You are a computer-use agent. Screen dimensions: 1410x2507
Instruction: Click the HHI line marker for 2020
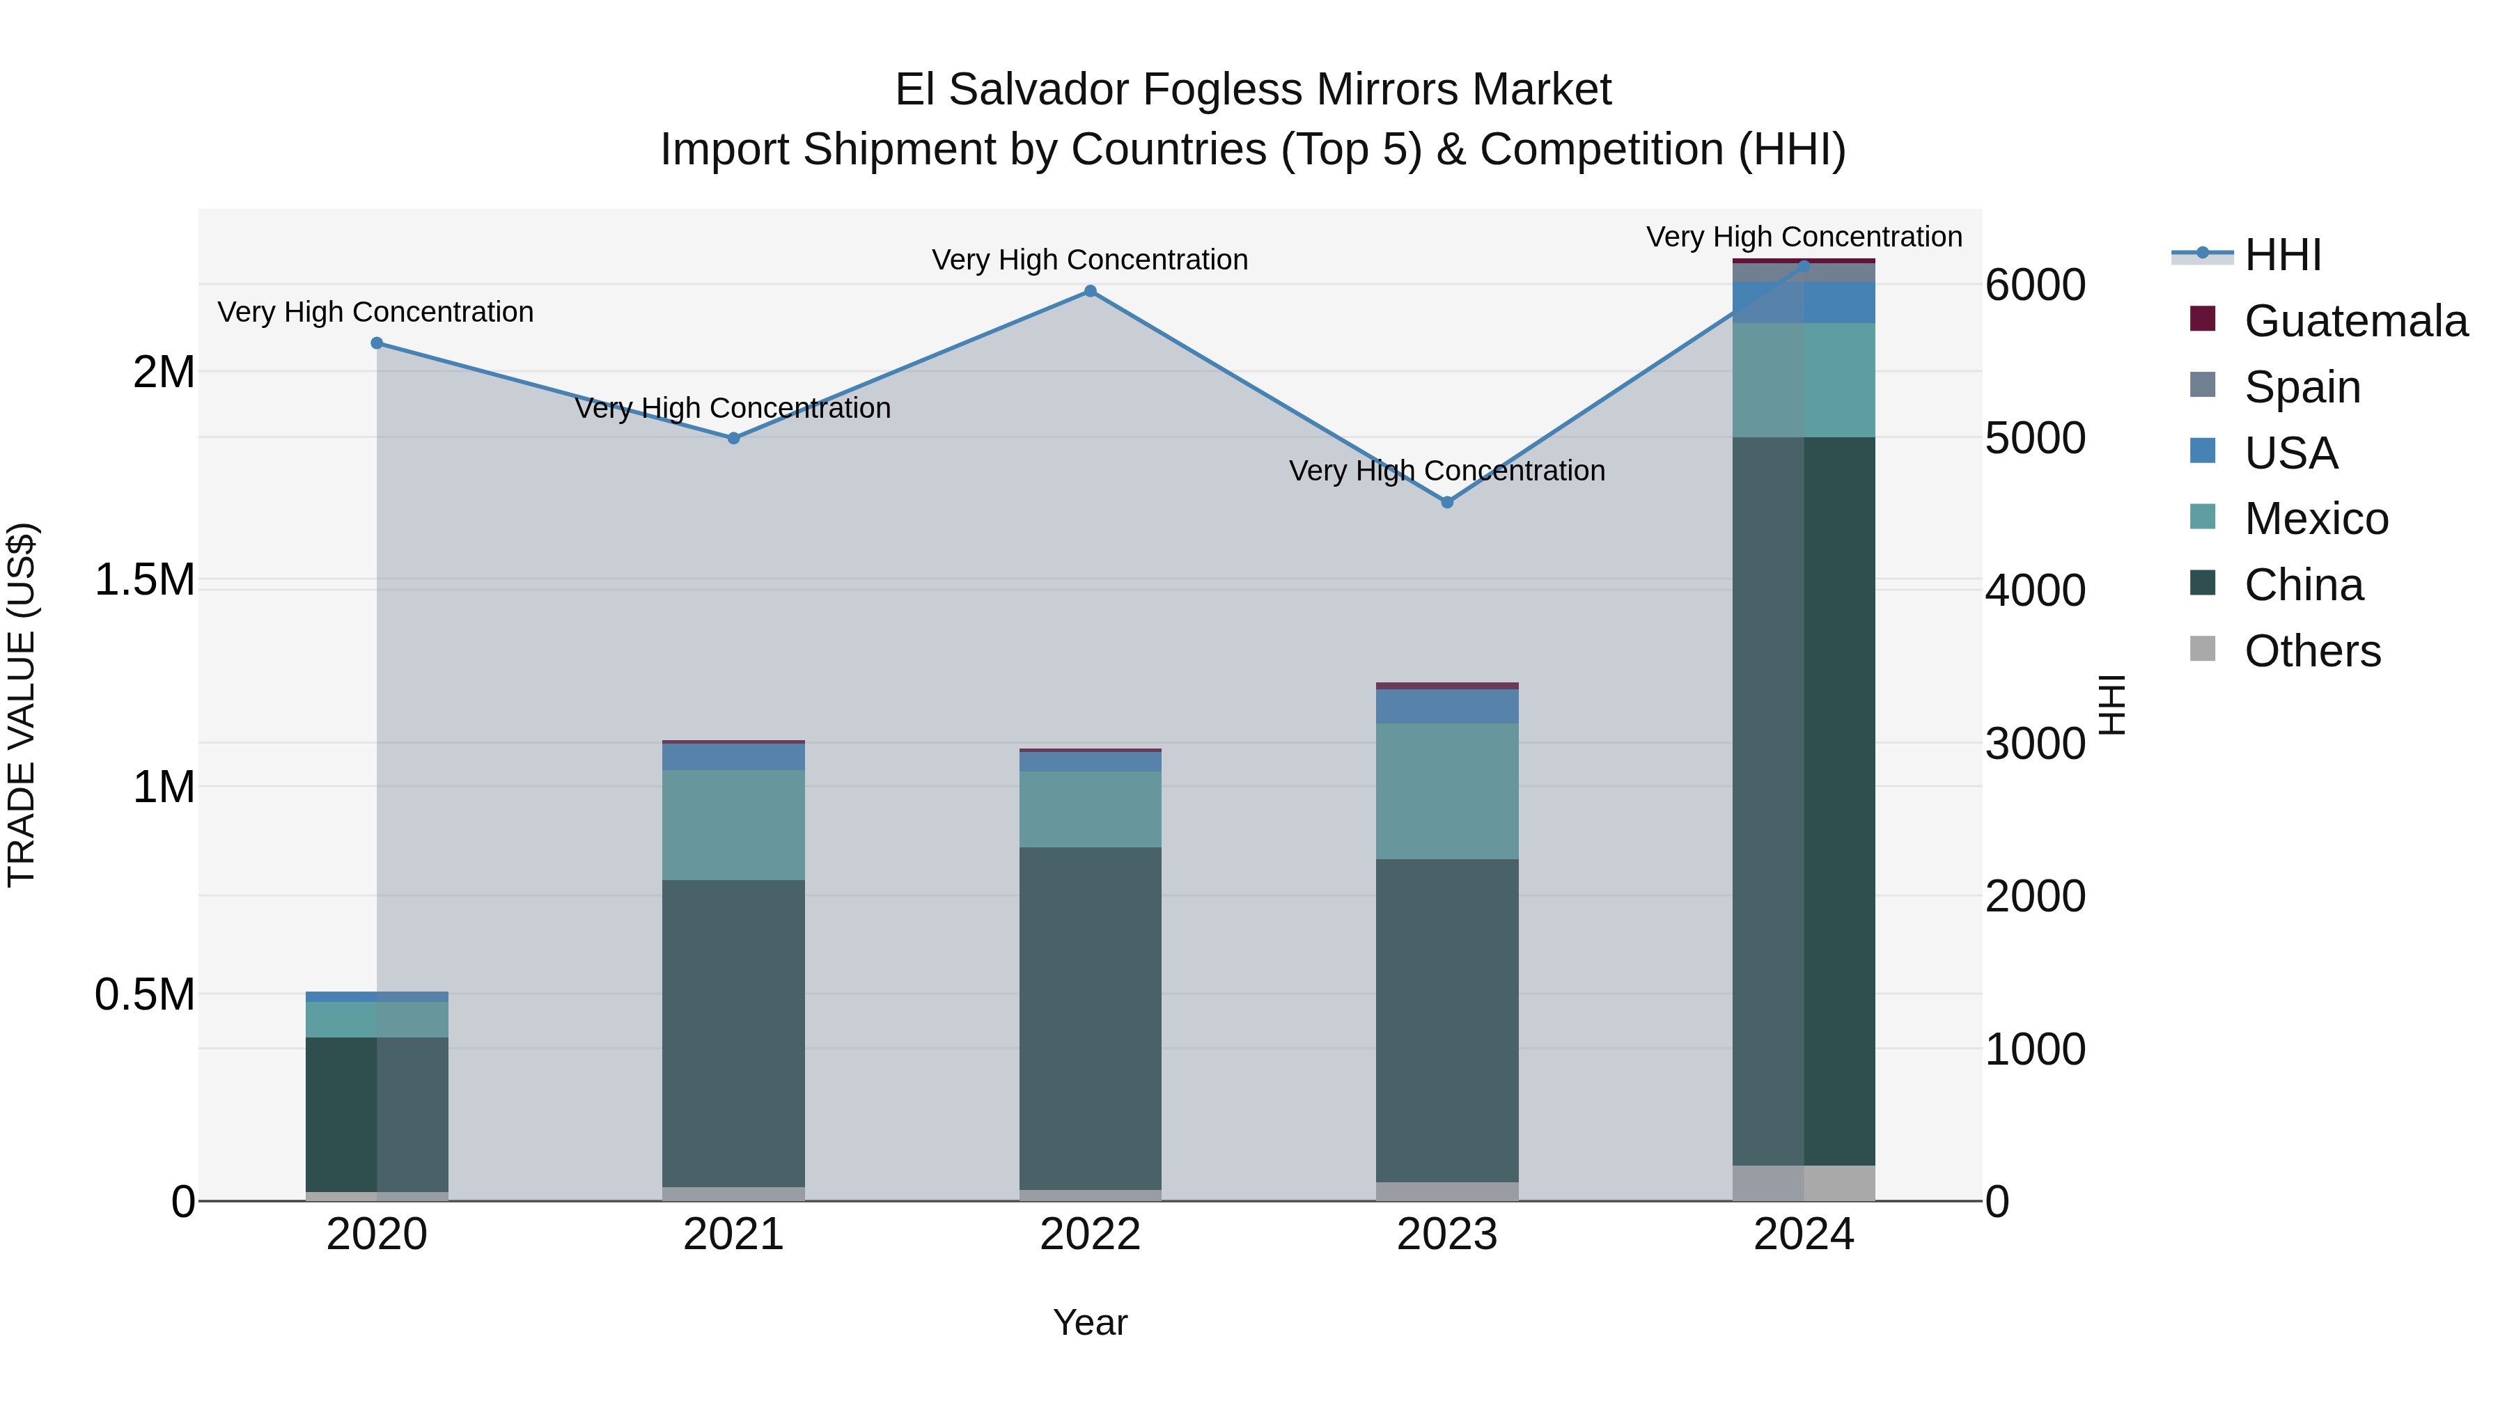[x=377, y=343]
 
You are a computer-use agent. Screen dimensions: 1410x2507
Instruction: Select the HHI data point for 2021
[x=734, y=439]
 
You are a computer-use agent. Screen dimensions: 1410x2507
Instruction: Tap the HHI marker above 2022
[x=1090, y=291]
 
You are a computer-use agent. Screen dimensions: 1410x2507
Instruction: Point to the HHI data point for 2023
[x=1447, y=502]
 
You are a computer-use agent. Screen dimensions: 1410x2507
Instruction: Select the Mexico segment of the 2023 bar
[x=1447, y=790]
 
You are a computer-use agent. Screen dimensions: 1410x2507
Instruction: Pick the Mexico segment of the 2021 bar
[x=734, y=825]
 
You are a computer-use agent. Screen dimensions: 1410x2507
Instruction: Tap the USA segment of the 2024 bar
[x=1804, y=303]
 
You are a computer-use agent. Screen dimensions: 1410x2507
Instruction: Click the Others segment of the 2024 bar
[x=1804, y=1182]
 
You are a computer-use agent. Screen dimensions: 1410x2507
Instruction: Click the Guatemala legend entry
[x=2355, y=321]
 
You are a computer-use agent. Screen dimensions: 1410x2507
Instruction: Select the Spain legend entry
[x=2302, y=387]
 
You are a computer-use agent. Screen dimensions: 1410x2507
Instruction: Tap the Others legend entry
[x=2311, y=651]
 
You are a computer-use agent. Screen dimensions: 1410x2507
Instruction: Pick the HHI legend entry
[x=2282, y=255]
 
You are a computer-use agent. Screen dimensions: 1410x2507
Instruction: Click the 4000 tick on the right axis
[x=2035, y=590]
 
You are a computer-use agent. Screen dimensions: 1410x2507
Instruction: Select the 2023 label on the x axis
[x=1447, y=1235]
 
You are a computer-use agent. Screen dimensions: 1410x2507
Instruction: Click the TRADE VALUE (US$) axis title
[x=22, y=705]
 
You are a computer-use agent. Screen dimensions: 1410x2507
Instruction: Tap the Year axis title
[x=1090, y=1322]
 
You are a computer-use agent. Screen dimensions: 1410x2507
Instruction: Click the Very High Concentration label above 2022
[x=1090, y=260]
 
